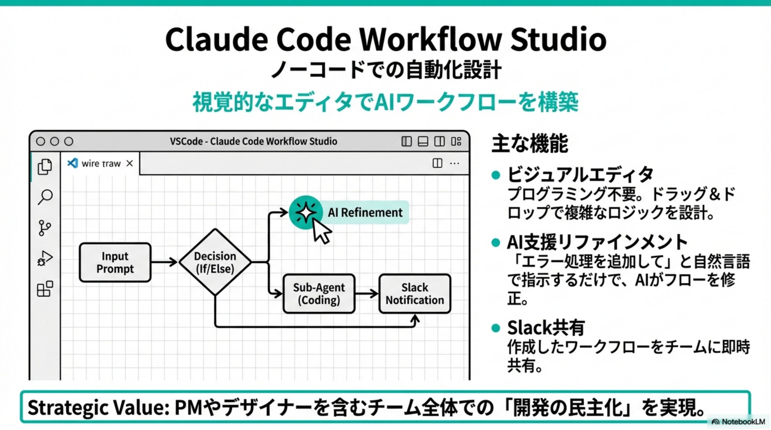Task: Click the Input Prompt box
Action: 115,262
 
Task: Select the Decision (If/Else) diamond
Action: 215,262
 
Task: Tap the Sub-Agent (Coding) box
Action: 319,293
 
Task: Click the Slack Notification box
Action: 415,293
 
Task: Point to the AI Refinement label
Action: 365,212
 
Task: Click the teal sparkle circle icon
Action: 305,212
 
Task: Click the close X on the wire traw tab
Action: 130,163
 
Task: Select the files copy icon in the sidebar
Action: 45,167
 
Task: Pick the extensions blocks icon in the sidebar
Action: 45,289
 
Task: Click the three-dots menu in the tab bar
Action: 454,163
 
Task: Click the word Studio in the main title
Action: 558,39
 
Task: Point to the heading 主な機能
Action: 530,144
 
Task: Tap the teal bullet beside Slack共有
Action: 496,328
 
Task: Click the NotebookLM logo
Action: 738,422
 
